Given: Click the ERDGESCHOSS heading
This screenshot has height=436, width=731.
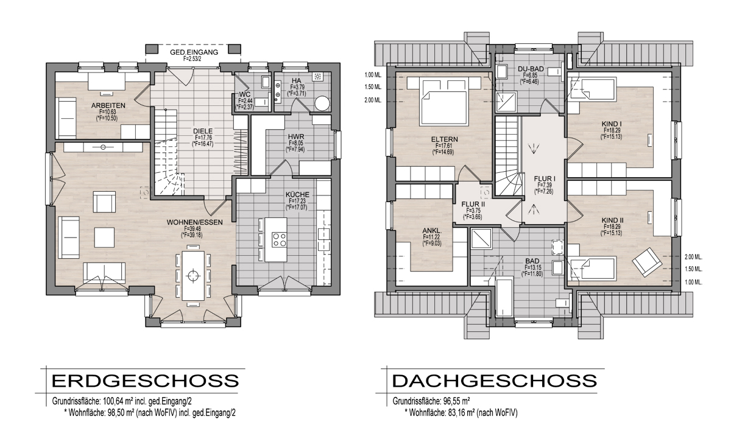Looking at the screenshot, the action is pyautogui.click(x=145, y=381).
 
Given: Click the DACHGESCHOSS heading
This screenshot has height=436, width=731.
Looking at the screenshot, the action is pyautogui.click(x=495, y=381).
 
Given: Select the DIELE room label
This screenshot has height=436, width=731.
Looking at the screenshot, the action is pyautogui.click(x=203, y=131).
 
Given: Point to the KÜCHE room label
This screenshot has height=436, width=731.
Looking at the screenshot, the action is pyautogui.click(x=297, y=195).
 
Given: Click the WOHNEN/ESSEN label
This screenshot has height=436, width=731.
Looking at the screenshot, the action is pyautogui.click(x=195, y=222).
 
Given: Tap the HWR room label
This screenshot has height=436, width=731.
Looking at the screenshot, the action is pyautogui.click(x=296, y=136).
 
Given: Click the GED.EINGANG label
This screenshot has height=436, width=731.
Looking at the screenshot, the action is pyautogui.click(x=194, y=52).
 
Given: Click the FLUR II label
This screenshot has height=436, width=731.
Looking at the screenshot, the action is pyautogui.click(x=473, y=205).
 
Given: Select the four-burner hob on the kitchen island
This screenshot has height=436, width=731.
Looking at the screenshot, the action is pyautogui.click(x=280, y=240).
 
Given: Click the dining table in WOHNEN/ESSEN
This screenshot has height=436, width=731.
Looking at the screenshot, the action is pyautogui.click(x=194, y=276).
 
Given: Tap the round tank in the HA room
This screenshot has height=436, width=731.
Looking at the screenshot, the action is pyautogui.click(x=322, y=104).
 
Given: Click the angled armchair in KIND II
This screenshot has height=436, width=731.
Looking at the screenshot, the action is pyautogui.click(x=647, y=262).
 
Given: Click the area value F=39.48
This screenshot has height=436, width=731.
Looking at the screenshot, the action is pyautogui.click(x=192, y=228).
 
